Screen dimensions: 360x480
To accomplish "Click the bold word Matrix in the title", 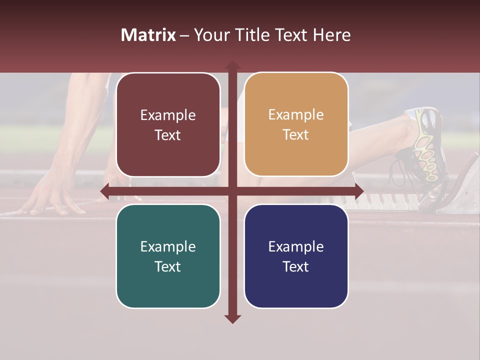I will point(148,35).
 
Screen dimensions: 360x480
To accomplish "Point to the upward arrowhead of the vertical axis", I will point(232,65).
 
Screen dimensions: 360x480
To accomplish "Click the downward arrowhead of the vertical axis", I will point(232,318).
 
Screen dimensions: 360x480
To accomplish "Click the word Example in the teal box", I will point(168,246).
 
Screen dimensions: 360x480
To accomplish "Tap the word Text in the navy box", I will point(296,266).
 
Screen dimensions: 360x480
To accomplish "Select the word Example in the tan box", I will point(296,114).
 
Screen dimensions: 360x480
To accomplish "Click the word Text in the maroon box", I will point(168,135).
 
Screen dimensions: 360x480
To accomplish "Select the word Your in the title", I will point(209,35).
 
